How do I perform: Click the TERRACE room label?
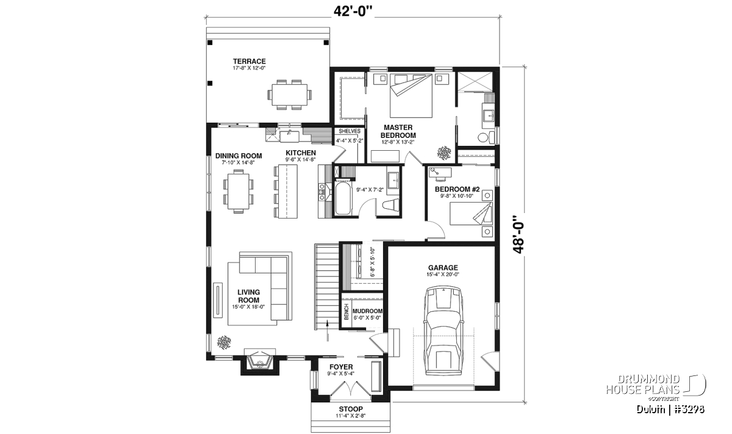pos(249,61)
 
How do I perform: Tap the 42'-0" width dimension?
pos(353,11)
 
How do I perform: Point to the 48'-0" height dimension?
pos(518,234)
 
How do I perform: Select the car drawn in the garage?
pos(443,331)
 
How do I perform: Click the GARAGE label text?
pos(443,268)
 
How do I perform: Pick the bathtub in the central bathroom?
pos(343,199)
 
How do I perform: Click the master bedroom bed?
pos(411,95)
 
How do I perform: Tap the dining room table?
pos(239,191)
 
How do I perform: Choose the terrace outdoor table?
pos(290,95)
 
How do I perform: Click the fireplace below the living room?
pos(260,362)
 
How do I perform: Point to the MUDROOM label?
pos(368,311)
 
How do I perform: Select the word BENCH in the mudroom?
pos(346,312)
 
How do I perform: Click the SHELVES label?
pos(350,131)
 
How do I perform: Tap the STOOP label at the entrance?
pos(351,409)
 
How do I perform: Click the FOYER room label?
pos(341,367)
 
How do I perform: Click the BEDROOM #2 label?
pos(457,189)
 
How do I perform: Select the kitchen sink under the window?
pos(60,136)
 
